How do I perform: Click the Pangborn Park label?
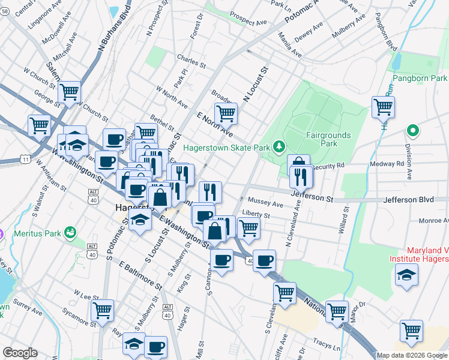point(420,79)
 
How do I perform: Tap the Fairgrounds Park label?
point(327,139)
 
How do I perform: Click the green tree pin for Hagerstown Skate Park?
point(278,146)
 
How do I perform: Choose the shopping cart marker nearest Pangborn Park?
point(383,107)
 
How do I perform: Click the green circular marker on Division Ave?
point(412,130)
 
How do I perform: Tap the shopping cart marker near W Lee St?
point(103,310)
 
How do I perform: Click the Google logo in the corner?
point(20,353)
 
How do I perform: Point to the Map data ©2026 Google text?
point(412,355)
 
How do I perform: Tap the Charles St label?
point(191,58)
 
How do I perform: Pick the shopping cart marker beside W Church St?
point(70,92)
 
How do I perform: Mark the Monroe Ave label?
point(432,221)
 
